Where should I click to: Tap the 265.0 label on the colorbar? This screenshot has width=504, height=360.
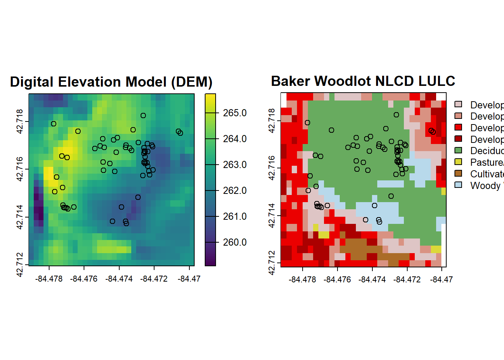tap(235, 113)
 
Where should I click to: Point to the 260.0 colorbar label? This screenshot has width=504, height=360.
tap(235, 242)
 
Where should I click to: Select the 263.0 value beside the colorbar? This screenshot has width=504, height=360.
tap(235, 165)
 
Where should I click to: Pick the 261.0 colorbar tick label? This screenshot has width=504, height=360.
tap(235, 216)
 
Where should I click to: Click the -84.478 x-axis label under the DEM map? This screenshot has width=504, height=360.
tap(49, 279)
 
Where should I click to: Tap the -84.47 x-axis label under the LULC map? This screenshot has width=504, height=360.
tap(441, 280)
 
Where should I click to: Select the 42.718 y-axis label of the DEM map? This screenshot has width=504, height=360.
tap(20, 121)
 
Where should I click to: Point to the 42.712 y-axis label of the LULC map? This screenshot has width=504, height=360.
tap(272, 262)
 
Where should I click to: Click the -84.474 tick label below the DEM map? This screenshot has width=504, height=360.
tap(119, 279)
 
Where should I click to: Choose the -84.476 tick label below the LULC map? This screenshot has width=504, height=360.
tap(337, 280)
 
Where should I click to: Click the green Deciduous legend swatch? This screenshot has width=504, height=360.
tap(458, 150)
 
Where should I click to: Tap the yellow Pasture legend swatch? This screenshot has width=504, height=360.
tap(458, 162)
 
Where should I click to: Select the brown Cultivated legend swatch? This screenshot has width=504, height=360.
tap(458, 174)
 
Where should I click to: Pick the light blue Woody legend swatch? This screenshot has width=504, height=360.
tap(458, 185)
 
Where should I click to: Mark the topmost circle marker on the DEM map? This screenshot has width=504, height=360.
tap(143, 115)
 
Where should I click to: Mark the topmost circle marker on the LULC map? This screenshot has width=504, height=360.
tap(396, 115)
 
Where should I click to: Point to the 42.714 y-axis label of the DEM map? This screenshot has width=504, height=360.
tap(20, 217)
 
